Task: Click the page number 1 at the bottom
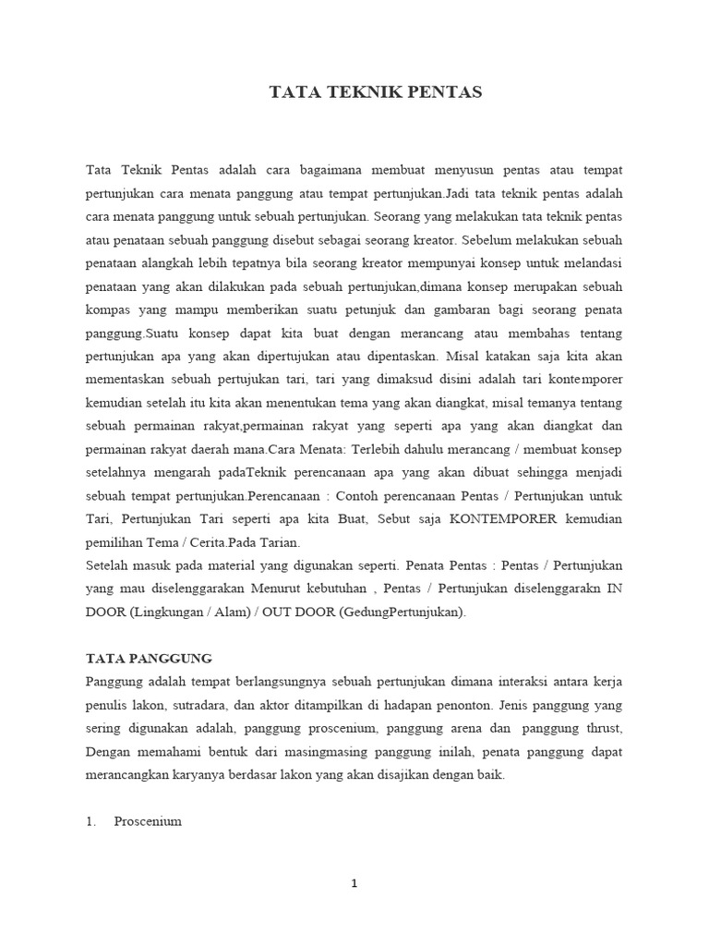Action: [354, 883]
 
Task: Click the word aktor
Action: [299, 706]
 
